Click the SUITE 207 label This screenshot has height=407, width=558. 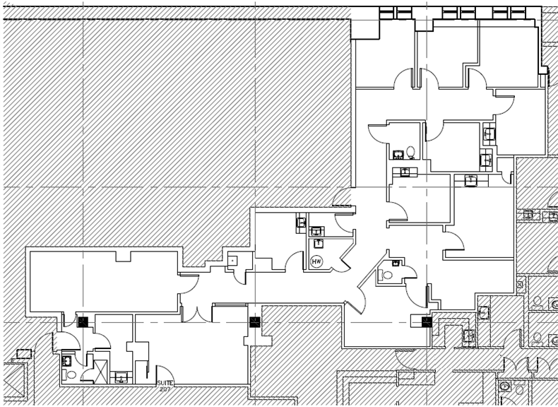click(165, 386)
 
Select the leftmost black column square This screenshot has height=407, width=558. click(83, 322)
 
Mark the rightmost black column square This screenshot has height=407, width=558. click(427, 322)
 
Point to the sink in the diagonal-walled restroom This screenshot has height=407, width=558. click(396, 264)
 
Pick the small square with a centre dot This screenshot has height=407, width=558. click(232, 260)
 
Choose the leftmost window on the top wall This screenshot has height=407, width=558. click(388, 12)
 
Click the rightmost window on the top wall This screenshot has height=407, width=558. click(517, 12)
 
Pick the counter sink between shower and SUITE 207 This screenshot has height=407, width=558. click(122, 379)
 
